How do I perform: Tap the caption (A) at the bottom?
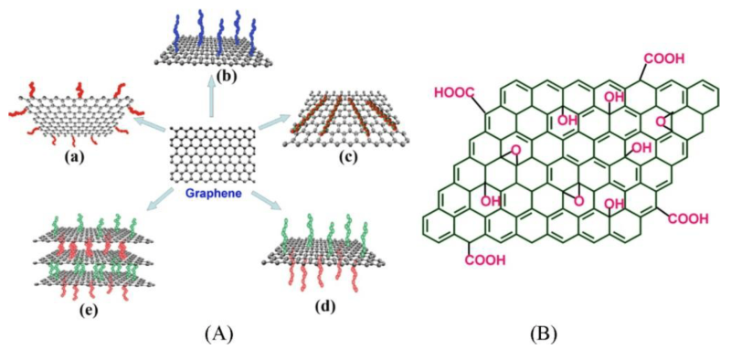tap(213, 334)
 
